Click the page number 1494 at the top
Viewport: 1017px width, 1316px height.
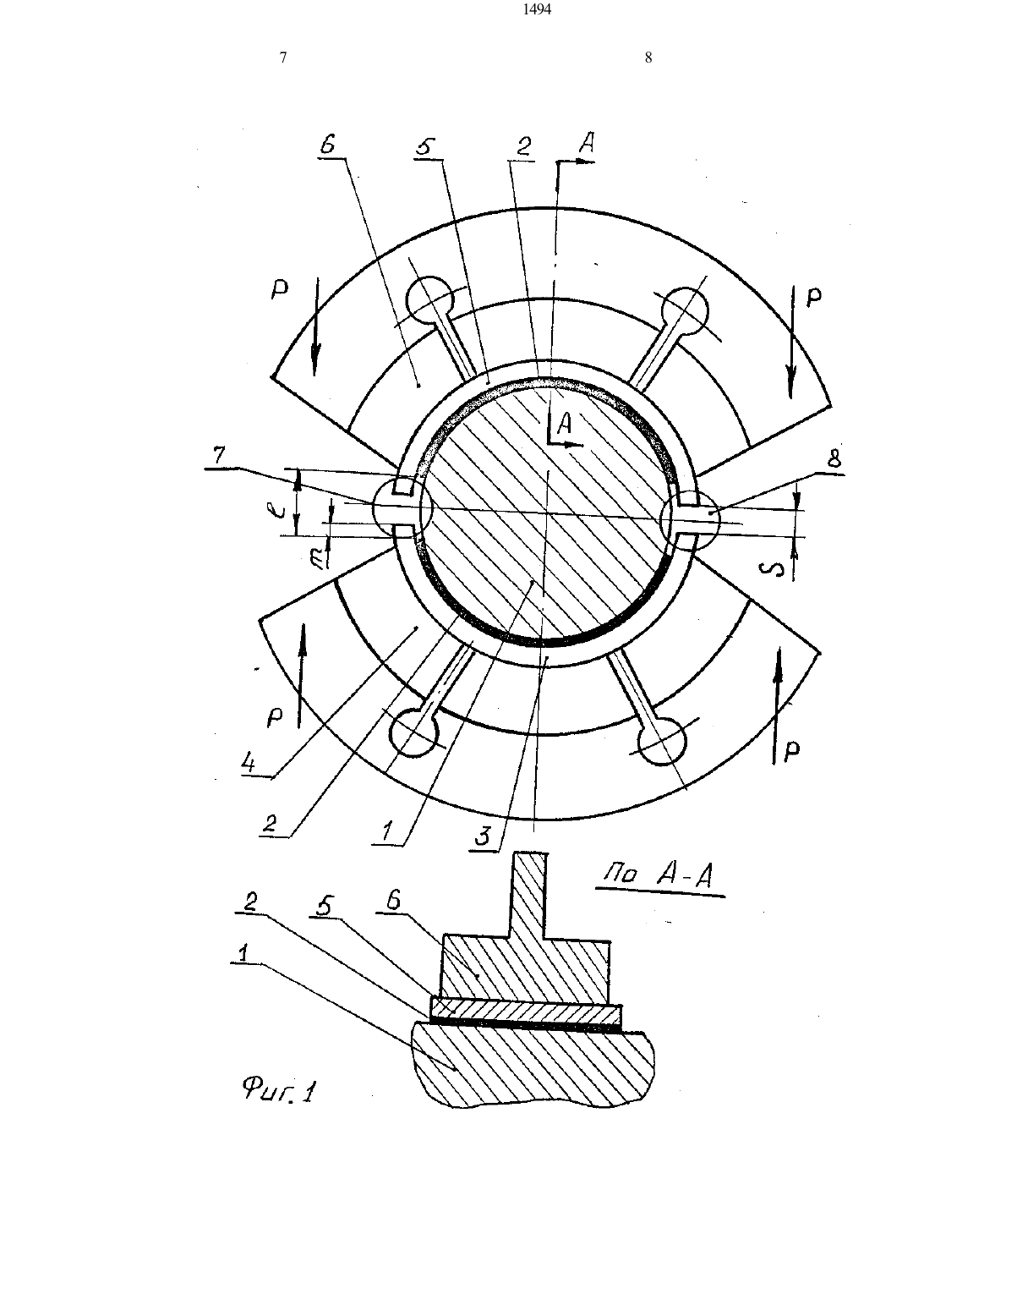pyautogui.click(x=537, y=9)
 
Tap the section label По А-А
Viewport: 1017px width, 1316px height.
pyautogui.click(x=660, y=875)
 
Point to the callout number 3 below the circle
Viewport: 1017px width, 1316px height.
pyautogui.click(x=483, y=836)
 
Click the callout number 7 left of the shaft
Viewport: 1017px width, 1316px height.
pyautogui.click(x=220, y=455)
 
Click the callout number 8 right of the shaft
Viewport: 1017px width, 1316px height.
pyautogui.click(x=834, y=459)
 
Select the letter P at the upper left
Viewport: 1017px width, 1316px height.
pyautogui.click(x=279, y=291)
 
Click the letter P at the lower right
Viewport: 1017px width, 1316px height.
pyautogui.click(x=792, y=750)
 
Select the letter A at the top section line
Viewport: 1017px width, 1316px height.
pyautogui.click(x=587, y=143)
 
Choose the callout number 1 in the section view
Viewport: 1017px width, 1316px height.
pyautogui.click(x=243, y=954)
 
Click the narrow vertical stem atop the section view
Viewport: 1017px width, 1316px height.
pyautogui.click(x=531, y=897)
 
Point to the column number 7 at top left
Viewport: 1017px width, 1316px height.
pyautogui.click(x=282, y=58)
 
